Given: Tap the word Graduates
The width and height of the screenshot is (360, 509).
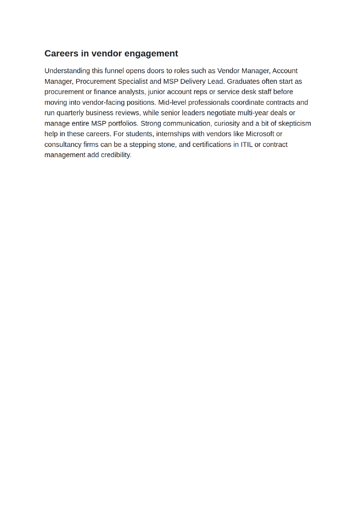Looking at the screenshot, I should pos(243,81).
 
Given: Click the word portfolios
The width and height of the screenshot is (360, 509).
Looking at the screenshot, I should pos(123,123).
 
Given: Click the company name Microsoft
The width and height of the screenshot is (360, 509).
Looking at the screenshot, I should pos(260,134).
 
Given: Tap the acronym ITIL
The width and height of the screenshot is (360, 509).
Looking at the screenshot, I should pos(247,144).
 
